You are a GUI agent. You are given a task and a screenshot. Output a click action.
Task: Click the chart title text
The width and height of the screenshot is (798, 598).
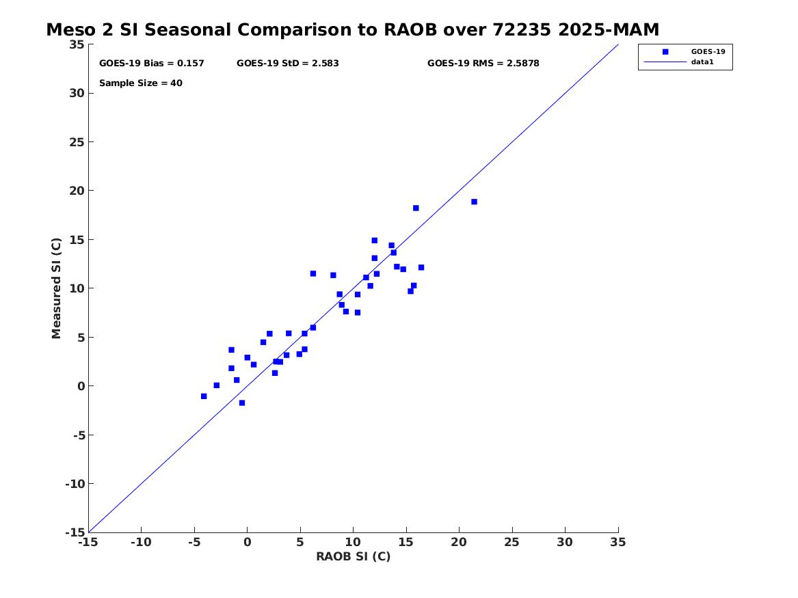click(x=352, y=30)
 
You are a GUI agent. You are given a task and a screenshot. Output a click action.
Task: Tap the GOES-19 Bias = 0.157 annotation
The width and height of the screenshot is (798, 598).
click(x=151, y=64)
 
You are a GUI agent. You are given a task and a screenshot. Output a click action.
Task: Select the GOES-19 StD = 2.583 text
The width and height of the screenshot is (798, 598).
click(x=287, y=64)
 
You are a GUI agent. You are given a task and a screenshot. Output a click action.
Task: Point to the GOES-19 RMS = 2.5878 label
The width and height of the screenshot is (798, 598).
click(x=483, y=64)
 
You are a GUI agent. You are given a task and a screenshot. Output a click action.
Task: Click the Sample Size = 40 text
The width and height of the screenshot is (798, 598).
click(x=140, y=83)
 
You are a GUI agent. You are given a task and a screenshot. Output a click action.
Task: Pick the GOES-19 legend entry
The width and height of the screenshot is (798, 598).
click(x=707, y=51)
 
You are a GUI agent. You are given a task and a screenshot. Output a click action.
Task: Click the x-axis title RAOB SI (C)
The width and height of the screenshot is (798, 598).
click(x=353, y=556)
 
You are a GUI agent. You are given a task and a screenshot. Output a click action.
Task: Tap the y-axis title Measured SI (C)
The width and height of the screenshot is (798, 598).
click(x=57, y=288)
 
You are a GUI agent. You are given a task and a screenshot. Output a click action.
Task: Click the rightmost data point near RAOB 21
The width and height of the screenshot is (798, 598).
click(x=474, y=202)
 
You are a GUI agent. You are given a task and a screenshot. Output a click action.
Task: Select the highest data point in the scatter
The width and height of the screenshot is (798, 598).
click(x=474, y=202)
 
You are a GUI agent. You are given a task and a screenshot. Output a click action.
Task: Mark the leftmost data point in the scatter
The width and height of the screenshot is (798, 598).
click(x=204, y=396)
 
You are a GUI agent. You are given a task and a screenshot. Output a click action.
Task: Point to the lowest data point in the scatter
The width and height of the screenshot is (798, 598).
click(x=242, y=403)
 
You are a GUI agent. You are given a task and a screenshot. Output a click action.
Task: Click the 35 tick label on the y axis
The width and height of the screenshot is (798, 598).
click(x=77, y=44)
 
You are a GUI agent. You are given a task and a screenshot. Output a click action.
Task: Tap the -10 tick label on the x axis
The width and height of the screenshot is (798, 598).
click(x=141, y=542)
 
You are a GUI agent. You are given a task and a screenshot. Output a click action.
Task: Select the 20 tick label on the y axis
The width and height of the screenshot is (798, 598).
click(x=77, y=191)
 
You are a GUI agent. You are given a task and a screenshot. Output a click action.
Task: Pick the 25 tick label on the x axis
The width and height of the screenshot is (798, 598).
click(x=512, y=542)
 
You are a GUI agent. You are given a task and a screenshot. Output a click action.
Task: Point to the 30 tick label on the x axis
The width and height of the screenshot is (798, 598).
click(x=565, y=542)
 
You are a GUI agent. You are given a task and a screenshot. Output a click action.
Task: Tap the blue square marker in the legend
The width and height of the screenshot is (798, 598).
click(x=665, y=51)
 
